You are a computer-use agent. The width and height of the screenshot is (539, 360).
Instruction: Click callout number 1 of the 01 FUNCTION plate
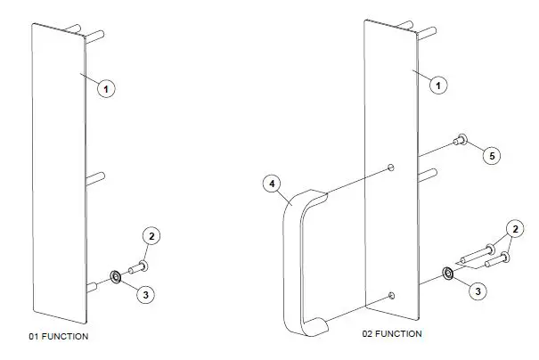coord(106,89)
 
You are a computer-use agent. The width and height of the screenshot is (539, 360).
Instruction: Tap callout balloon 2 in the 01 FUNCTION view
coord(152,236)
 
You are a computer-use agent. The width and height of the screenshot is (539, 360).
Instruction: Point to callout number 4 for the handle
coord(274,185)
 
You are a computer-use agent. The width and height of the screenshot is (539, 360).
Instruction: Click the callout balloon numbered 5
coord(490,155)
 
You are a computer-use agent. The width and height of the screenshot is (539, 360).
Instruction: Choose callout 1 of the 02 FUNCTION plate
coord(437,84)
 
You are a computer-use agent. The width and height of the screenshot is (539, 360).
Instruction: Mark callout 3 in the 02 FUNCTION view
coord(478,290)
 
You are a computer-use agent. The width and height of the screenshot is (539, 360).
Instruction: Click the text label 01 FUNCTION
coord(59,337)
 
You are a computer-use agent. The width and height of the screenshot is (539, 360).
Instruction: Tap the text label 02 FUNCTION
coord(392,333)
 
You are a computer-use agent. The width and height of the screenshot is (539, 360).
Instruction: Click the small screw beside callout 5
coord(461,138)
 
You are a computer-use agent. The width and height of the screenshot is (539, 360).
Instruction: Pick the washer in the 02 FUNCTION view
coord(447,272)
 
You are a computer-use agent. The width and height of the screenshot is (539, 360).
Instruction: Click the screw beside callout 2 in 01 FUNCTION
coord(136,266)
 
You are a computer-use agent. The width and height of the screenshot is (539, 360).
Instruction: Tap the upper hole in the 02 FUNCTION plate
coord(392,167)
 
